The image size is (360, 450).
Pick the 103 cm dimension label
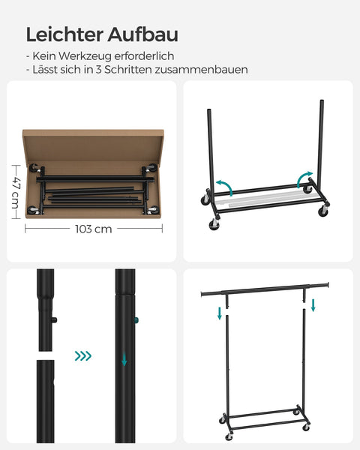pyautogui.click(x=93, y=229)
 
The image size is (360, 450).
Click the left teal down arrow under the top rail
pyautogui.click(x=220, y=312)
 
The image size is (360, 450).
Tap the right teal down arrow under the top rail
pyautogui.click(x=313, y=305)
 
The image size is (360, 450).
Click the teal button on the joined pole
pyautogui.click(x=136, y=322)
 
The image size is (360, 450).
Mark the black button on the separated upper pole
pyautogui.click(x=54, y=321)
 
